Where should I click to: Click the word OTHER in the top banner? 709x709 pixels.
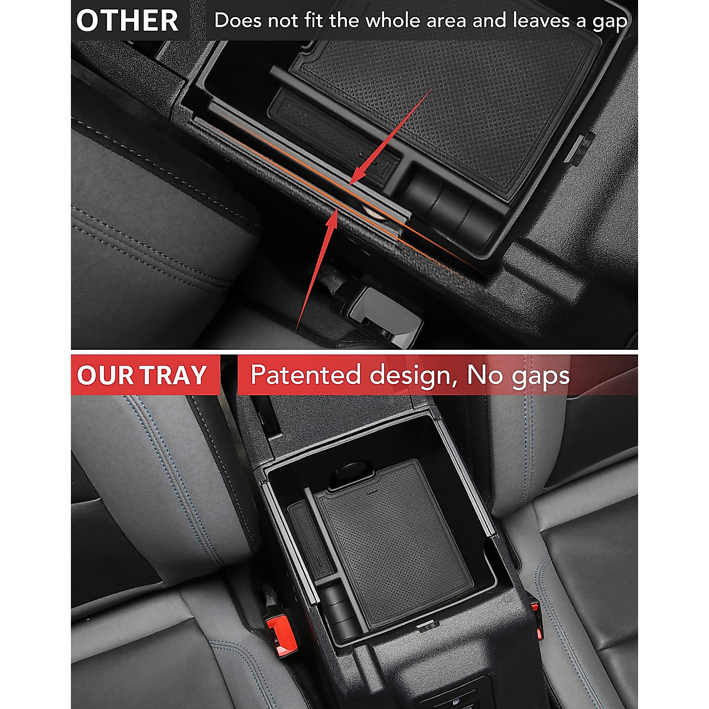[x=127, y=20]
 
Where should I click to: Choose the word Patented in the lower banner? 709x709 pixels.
[x=305, y=375]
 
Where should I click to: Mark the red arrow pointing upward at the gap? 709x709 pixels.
[x=319, y=266]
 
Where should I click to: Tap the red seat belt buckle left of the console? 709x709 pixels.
[x=275, y=627]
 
